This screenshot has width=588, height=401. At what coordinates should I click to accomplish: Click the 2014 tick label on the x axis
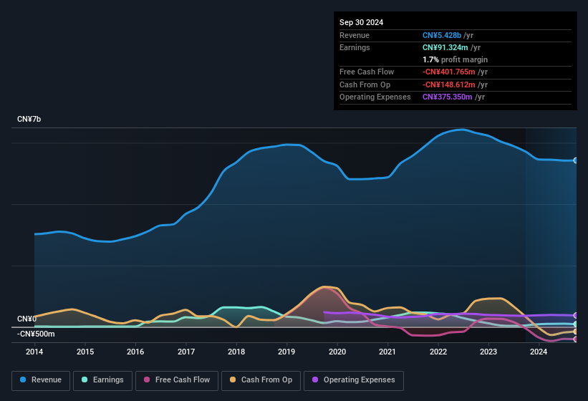click(34, 352)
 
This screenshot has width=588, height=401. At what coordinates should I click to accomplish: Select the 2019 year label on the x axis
click(286, 352)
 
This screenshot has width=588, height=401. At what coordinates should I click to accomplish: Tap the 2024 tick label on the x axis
click(539, 352)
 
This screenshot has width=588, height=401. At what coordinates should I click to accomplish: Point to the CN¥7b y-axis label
click(29, 119)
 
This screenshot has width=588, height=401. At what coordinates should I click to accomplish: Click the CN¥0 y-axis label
click(27, 319)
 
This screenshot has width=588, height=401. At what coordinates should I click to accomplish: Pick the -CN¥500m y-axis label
click(36, 334)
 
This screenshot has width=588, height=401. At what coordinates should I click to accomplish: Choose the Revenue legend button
click(41, 380)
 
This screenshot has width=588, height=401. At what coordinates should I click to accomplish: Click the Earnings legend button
click(102, 380)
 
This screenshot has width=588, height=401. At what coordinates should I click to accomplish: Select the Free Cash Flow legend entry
click(177, 380)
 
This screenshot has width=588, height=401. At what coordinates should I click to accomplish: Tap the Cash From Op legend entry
click(261, 380)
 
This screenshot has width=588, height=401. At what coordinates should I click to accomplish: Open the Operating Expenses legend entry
click(353, 380)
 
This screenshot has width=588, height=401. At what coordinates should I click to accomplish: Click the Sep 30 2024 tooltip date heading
click(362, 22)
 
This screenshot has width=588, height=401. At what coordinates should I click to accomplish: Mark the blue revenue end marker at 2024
click(575, 160)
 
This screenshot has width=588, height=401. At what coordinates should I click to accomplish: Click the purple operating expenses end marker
click(575, 315)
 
